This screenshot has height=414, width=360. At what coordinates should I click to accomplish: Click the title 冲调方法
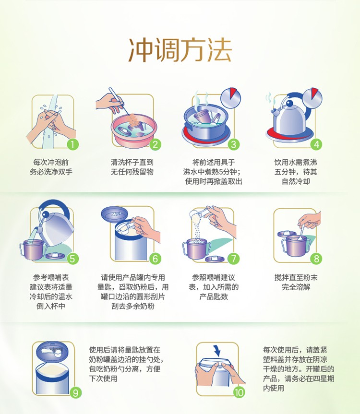pyautogui.click(x=180, y=50)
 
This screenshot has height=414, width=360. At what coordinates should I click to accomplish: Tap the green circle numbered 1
pyautogui.click(x=72, y=144)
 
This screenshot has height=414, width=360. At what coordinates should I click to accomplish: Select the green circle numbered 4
pyautogui.click(x=316, y=144)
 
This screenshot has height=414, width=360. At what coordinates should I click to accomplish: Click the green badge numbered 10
pyautogui.click(x=239, y=392)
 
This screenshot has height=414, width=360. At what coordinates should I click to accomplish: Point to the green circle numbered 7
pyautogui.click(x=233, y=259)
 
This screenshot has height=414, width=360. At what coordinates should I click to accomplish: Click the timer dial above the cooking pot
pyautogui.click(x=231, y=97)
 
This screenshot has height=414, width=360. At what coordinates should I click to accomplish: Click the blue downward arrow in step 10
pyautogui.click(x=217, y=350)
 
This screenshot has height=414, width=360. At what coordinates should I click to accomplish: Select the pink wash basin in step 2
pyautogui.click(x=134, y=129)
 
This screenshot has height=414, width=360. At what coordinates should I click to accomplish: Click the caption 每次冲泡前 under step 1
pyautogui.click(x=51, y=162)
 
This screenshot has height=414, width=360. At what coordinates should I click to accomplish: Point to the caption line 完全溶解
pyautogui.click(x=296, y=287)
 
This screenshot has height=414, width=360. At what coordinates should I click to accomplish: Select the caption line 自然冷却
pyautogui.click(x=296, y=181)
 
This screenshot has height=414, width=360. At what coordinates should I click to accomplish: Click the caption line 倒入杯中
pyautogui.click(x=51, y=306)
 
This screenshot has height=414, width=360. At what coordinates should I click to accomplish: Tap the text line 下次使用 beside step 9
pyautogui.click(x=103, y=379)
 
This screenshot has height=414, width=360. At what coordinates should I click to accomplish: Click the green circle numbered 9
pyautogui.click(x=75, y=393)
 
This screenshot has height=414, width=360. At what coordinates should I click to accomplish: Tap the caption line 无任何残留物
pyautogui.click(x=132, y=172)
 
